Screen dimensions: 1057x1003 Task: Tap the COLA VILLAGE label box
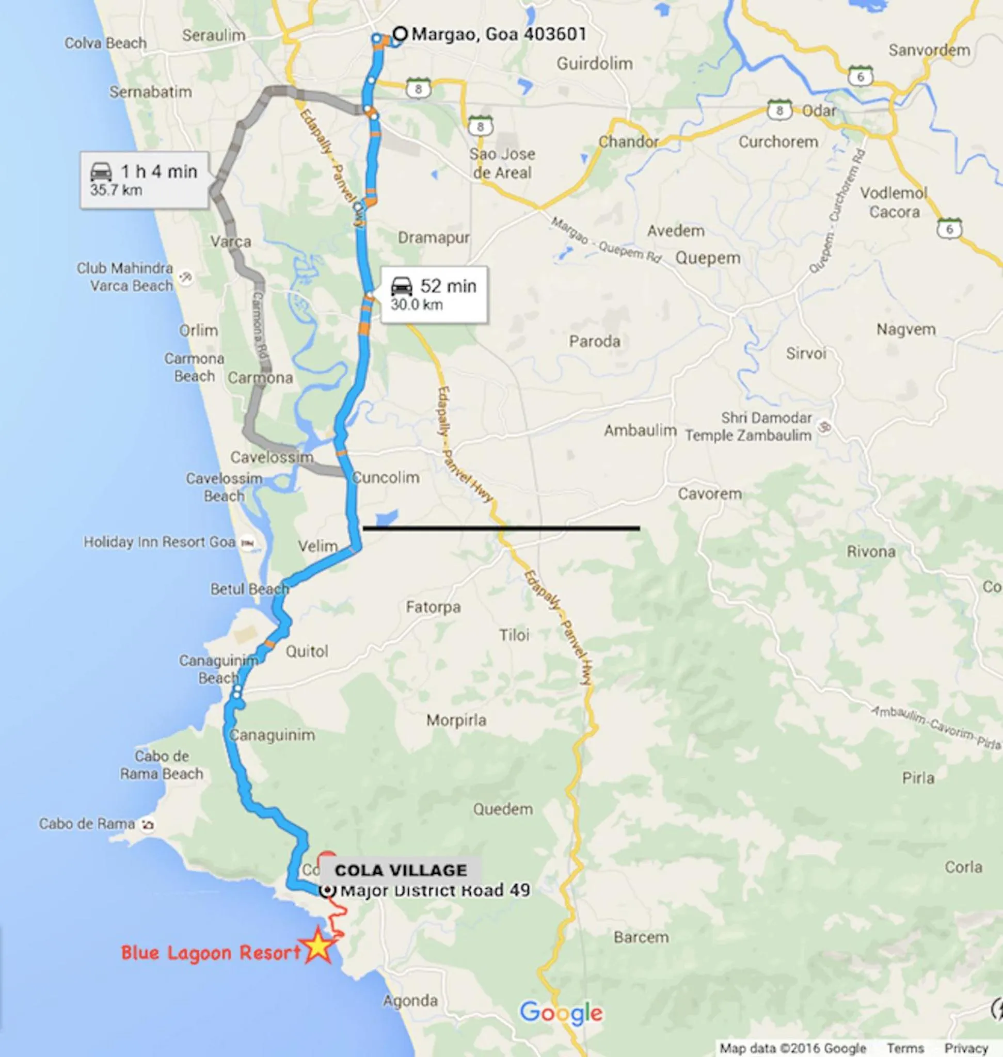pos(401,870)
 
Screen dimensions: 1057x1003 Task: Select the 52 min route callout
pos(434,294)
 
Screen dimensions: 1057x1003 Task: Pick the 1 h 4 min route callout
pos(144,180)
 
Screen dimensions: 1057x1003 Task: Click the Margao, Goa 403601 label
pos(499,34)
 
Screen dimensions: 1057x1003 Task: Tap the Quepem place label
pos(708,258)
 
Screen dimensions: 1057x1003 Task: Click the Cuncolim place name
pos(386,477)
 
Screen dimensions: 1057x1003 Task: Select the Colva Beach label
pos(105,43)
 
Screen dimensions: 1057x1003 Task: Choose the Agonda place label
pos(410,1000)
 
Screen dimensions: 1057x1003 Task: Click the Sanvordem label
pos(929,50)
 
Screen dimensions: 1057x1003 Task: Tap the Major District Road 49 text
pos(435,890)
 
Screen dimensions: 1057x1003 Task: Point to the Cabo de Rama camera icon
pos(147,824)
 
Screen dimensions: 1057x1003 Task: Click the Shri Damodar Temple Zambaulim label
pos(749,426)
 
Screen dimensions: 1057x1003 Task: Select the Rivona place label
pos(871,551)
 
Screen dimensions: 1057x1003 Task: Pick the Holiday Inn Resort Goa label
pos(160,542)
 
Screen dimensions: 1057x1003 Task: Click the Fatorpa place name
pos(433,607)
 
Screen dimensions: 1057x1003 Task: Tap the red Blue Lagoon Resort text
pos(211,952)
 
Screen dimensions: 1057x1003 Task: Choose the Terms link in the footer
pos(905,1048)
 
